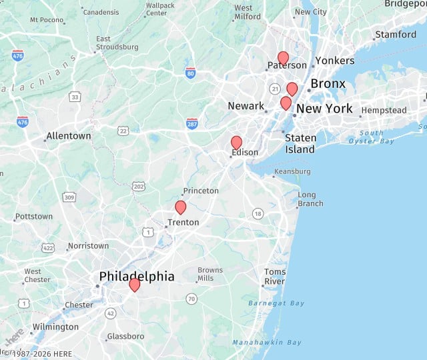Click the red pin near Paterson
283,58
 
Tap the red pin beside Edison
236,142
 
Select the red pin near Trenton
180,207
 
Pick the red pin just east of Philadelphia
134,285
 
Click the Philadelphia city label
137,276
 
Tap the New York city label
324,109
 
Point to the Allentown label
68,136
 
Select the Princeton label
201,191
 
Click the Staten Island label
300,143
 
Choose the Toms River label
275,277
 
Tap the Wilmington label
55,327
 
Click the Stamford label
396,35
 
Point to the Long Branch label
310,199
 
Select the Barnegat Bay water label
276,303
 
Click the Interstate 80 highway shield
191,72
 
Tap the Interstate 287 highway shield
192,123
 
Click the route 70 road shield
191,298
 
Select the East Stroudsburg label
117,43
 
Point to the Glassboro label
125,336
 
